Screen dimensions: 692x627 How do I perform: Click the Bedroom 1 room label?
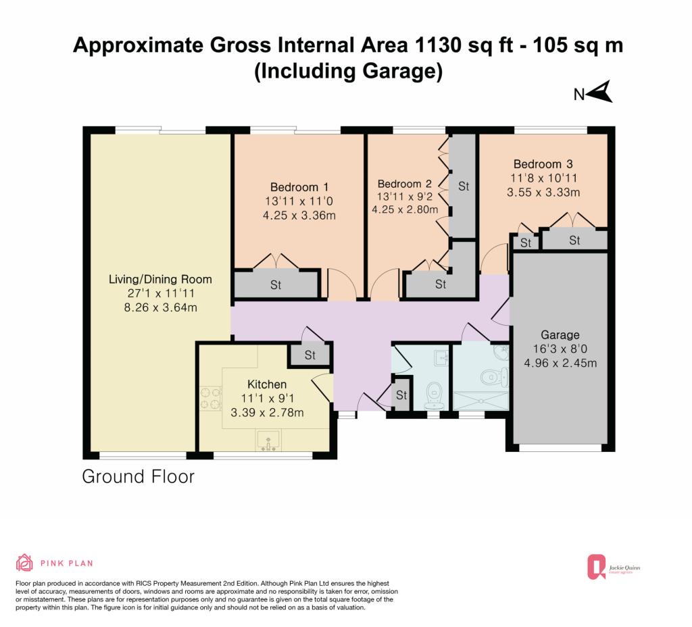[299, 187]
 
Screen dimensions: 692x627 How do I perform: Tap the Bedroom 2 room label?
[404, 184]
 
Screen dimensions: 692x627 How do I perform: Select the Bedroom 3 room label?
[543, 164]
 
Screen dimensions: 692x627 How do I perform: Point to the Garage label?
[560, 335]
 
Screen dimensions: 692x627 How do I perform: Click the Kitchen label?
[267, 384]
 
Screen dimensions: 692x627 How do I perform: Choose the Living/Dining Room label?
[160, 279]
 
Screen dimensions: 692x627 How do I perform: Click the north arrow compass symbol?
[599, 92]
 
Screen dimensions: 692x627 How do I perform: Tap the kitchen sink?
[268, 441]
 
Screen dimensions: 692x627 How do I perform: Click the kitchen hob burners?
[211, 399]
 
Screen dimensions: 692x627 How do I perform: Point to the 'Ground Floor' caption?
[138, 476]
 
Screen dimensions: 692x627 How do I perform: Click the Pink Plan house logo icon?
[25, 563]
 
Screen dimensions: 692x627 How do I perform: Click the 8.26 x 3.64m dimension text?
[160, 307]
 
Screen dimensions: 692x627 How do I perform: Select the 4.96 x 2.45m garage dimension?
[560, 363]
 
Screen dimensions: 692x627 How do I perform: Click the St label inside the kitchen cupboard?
[310, 355]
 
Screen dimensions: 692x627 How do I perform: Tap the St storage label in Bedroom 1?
[276, 285]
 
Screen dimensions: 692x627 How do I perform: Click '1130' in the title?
[434, 45]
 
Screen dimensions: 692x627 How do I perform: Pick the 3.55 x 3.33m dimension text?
[543, 193]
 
